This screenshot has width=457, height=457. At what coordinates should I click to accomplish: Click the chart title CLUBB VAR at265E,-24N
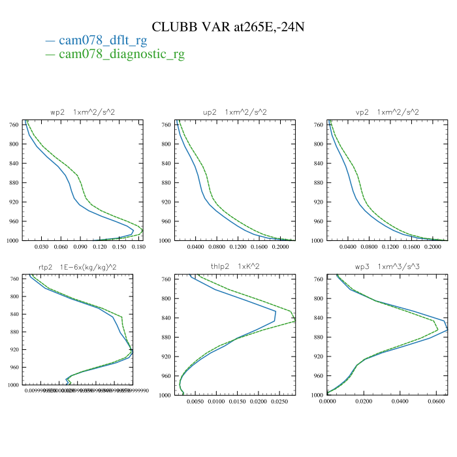point(228,27)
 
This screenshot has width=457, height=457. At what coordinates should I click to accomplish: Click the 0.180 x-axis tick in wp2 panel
point(138,247)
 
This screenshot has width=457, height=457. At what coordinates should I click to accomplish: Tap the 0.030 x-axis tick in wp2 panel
point(42,247)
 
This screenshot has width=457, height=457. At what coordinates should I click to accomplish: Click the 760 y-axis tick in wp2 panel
point(13,125)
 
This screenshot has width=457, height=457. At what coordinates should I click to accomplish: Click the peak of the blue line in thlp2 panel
point(276,313)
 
